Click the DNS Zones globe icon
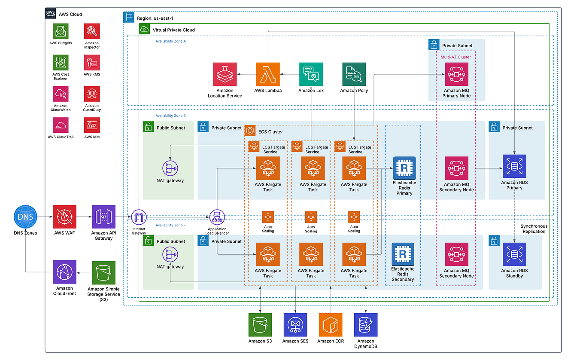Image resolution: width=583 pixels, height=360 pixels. coord(25,217)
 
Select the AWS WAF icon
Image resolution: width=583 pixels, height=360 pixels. coord(64,217)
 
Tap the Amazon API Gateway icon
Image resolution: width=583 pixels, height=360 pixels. coord(103,217)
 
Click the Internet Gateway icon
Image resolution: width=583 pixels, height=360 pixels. coord(139,217)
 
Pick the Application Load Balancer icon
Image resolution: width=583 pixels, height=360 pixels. coord(217,217)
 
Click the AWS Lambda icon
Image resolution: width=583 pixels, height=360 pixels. coord(268,74)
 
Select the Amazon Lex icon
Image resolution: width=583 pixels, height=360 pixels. coord(311,74)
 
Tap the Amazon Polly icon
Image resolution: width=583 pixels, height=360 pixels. coord(354,74)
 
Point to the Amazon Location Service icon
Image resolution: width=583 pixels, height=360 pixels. coord(225,74)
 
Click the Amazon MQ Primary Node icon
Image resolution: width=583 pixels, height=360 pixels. coord(456,74)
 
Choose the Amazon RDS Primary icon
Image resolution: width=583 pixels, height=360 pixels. coord(514,166)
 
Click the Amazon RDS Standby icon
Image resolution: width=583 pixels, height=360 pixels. coord(514,254)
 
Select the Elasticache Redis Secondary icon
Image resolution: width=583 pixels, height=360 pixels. coord(403,254)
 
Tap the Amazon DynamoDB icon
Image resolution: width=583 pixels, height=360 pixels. coord(365,325)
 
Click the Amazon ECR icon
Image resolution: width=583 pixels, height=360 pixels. coord(331,325)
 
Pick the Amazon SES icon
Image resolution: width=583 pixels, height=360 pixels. coord(295,325)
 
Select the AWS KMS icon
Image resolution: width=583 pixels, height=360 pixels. coord(92,63)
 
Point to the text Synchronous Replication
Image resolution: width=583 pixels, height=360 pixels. coord(534,229)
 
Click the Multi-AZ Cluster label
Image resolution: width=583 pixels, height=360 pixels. coord(455,57)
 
